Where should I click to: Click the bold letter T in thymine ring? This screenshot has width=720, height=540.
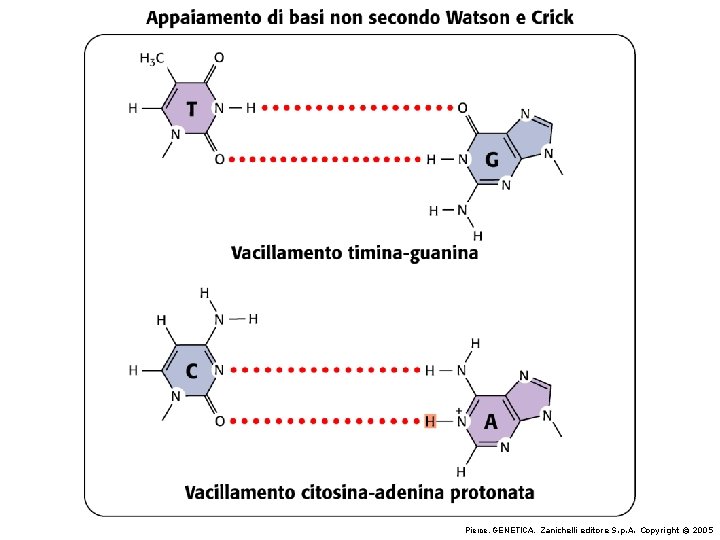(192, 109)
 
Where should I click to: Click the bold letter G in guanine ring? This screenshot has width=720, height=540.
(492, 160)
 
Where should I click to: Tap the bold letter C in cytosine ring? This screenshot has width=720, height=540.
(191, 371)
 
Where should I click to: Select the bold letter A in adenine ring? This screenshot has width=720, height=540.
(491, 422)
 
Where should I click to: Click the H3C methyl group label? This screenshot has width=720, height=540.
(152, 59)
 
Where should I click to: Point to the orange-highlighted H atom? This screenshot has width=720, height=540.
(430, 421)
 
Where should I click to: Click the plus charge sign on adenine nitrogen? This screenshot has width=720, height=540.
(458, 410)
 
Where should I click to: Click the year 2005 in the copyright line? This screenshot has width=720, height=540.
(703, 530)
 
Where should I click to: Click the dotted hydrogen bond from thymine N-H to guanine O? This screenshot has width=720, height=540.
(358, 108)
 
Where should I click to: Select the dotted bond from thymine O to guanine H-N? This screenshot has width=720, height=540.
(325, 159)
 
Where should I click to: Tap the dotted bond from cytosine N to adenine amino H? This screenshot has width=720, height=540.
(325, 370)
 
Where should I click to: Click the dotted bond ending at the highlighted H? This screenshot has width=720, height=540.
(325, 421)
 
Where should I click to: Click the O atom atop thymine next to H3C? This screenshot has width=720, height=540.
(219, 58)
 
